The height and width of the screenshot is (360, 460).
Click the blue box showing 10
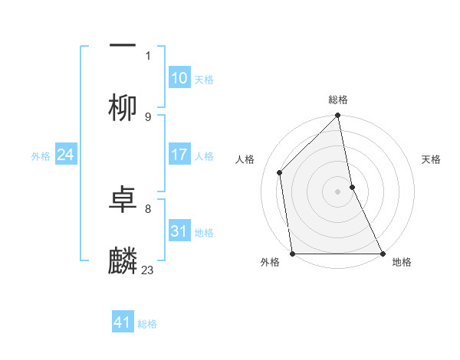click(179, 78)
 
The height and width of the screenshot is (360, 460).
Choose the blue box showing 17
click(179, 155)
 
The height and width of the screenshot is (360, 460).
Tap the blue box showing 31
click(179, 231)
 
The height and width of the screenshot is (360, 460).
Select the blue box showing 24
click(65, 155)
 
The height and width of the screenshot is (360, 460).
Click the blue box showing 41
click(123, 322)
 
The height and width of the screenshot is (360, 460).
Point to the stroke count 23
click(148, 270)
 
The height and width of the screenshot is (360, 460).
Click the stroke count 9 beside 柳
click(148, 116)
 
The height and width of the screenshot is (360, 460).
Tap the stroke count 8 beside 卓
click(148, 208)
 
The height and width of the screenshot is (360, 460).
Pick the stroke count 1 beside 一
click(148, 55)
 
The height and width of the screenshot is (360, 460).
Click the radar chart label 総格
click(338, 100)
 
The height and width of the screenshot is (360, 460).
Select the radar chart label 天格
click(431, 159)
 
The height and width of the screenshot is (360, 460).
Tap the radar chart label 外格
click(270, 262)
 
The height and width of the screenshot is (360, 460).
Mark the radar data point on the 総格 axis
click(338, 116)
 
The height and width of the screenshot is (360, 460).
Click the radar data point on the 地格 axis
click(383, 253)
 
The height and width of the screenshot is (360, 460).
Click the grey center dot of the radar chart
click(338, 191)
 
